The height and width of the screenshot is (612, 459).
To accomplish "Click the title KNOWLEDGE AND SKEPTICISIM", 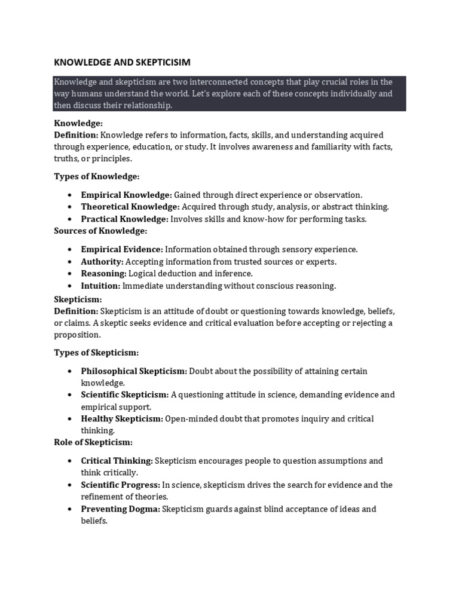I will click(122, 62).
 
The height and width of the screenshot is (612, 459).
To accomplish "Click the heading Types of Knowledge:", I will click(97, 177).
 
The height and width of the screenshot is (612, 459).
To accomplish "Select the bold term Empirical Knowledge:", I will click(126, 195).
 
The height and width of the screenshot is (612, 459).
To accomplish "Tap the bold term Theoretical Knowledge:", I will click(130, 207).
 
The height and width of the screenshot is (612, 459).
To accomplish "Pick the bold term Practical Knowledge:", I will click(126, 219).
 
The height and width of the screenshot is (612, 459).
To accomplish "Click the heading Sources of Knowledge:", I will click(100, 231).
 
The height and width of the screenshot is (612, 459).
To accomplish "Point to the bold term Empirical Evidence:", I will click(122, 249).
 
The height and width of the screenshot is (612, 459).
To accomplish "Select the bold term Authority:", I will click(102, 262).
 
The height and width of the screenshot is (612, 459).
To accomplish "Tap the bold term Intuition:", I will click(101, 286).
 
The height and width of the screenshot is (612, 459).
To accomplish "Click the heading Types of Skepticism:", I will click(97, 353).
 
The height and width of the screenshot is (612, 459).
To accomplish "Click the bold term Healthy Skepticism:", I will click(122, 419).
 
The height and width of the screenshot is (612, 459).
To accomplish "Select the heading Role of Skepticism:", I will click(93, 442).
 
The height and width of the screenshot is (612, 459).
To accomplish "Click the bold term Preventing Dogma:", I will click(120, 509).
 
